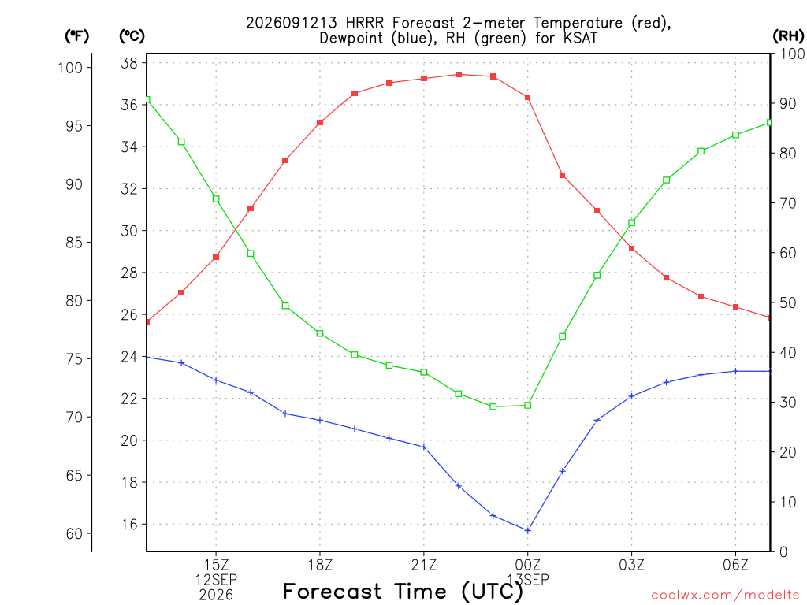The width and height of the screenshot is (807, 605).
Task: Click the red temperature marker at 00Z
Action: click(527, 97)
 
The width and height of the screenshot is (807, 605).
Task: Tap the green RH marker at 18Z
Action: click(320, 333)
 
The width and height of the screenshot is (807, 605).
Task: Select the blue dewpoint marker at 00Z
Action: click(527, 530)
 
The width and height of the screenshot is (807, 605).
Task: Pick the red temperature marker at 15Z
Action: click(216, 257)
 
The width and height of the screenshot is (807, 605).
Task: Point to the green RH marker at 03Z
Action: click(631, 223)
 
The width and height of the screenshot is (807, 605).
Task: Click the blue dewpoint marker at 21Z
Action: click(424, 447)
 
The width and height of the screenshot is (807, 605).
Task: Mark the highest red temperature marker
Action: click(459, 75)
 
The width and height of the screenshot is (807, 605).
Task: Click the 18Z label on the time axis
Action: click(320, 566)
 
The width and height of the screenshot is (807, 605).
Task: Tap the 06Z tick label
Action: click(735, 566)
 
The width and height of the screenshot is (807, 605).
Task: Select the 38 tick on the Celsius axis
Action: click(129, 63)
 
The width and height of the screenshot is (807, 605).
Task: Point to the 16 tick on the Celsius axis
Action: click(129, 524)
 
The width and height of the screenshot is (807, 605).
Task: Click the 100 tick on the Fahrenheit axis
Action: click(70, 68)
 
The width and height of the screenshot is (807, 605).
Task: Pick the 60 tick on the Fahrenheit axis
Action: click(74, 533)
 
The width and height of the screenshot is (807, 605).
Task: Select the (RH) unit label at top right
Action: click(788, 36)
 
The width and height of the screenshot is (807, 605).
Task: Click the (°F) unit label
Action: click(76, 36)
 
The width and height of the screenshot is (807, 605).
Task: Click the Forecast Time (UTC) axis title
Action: click(403, 592)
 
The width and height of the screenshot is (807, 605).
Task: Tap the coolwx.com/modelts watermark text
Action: click(725, 596)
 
